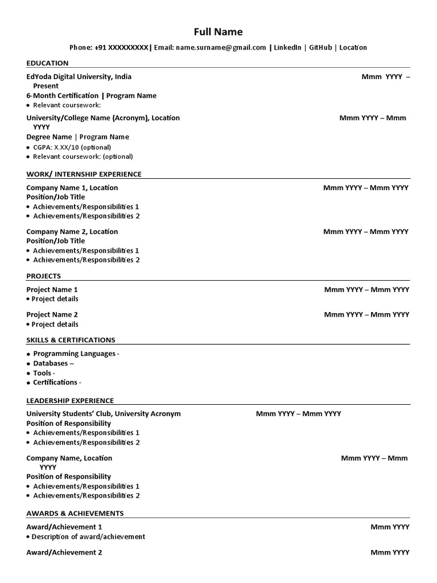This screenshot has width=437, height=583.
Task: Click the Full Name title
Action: click(x=218, y=31)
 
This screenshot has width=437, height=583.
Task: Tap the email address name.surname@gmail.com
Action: click(x=221, y=48)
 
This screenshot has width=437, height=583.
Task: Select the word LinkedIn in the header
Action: click(x=287, y=48)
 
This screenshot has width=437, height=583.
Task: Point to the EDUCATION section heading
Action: click(x=47, y=63)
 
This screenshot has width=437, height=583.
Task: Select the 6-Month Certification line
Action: click(x=91, y=96)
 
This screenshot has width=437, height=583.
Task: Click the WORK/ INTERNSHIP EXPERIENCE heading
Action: click(x=84, y=174)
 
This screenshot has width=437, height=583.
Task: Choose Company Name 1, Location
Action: click(x=72, y=188)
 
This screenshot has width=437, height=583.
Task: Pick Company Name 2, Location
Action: click(x=72, y=232)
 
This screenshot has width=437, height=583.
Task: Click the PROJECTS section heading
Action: click(x=43, y=276)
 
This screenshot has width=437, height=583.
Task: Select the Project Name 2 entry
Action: click(x=52, y=315)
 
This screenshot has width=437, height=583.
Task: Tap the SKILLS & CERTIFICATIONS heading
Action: click(x=71, y=340)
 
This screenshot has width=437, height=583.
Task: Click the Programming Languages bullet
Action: click(x=76, y=354)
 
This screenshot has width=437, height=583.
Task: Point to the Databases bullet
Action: click(x=53, y=363)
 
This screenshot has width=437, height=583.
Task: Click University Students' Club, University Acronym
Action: click(x=104, y=414)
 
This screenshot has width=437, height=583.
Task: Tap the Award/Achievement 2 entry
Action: click(x=64, y=552)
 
